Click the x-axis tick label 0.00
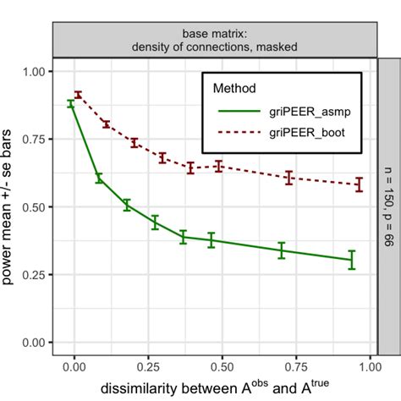74,369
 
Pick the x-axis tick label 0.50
222,369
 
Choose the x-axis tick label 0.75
296,369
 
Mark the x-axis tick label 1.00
370,369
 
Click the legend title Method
236,87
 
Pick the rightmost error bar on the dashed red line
359,184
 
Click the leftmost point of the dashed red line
78,95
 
